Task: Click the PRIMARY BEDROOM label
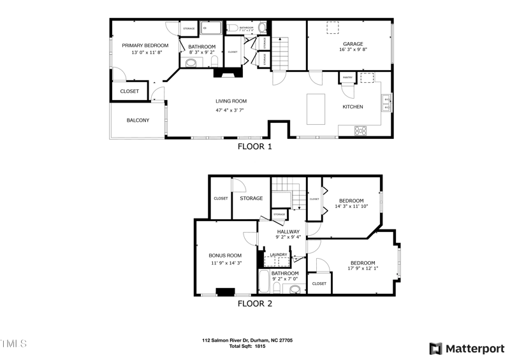tap(145, 45)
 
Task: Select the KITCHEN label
tap(353, 107)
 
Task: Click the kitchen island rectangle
tap(316, 109)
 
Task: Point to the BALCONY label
tap(138, 120)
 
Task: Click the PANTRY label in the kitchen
tap(347, 78)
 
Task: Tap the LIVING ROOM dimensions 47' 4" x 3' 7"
tap(230, 110)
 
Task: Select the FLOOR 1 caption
tap(254, 147)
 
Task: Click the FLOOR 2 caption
tap(254, 304)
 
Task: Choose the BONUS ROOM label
tap(226, 256)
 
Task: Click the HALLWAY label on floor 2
tap(288, 232)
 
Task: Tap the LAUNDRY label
tap(279, 255)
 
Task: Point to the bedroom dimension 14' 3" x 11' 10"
tap(351, 207)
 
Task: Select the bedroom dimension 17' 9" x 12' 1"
tap(363, 269)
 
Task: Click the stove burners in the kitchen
tap(361, 131)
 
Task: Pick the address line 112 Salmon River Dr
tap(247, 341)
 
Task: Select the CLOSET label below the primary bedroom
tap(129, 92)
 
